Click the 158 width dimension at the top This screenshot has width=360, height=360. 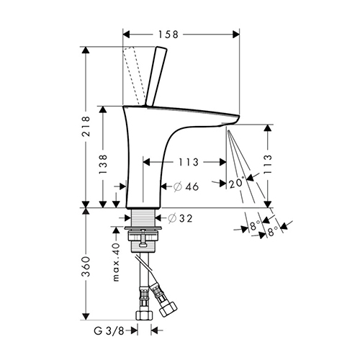coord(168,35)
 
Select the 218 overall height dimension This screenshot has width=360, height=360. coord(86,127)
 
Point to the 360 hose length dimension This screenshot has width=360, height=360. coord(86,266)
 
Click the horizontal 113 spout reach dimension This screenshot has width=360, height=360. coord(189,162)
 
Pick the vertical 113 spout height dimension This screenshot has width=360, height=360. coord(268,164)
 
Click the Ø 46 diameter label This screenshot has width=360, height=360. coord(186,186)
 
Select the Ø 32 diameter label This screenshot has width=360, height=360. coord(180,218)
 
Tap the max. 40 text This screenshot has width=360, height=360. coord(116,262)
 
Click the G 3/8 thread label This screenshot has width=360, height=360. coord(109,331)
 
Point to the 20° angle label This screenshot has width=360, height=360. coord(237,183)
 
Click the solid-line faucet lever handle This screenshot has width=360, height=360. coord(156,76)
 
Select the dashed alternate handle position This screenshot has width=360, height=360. coord(135,76)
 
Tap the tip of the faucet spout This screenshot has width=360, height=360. coord(239,117)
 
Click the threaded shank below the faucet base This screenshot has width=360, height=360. coord(143,217)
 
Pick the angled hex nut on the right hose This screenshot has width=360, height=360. coord(168,309)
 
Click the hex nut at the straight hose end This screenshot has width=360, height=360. coord(144,315)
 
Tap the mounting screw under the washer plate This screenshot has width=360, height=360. coord(143,238)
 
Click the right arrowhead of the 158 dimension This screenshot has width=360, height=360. coord(236,35)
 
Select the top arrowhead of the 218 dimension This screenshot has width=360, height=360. coord(86,50)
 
